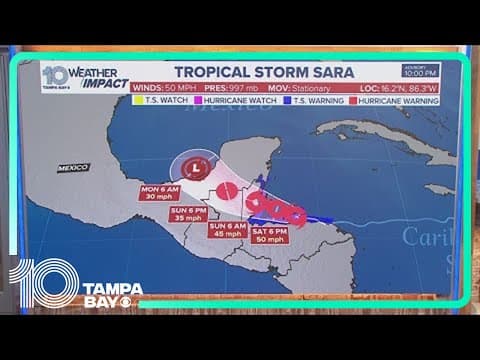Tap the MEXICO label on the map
pyautogui.click(x=72, y=168)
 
